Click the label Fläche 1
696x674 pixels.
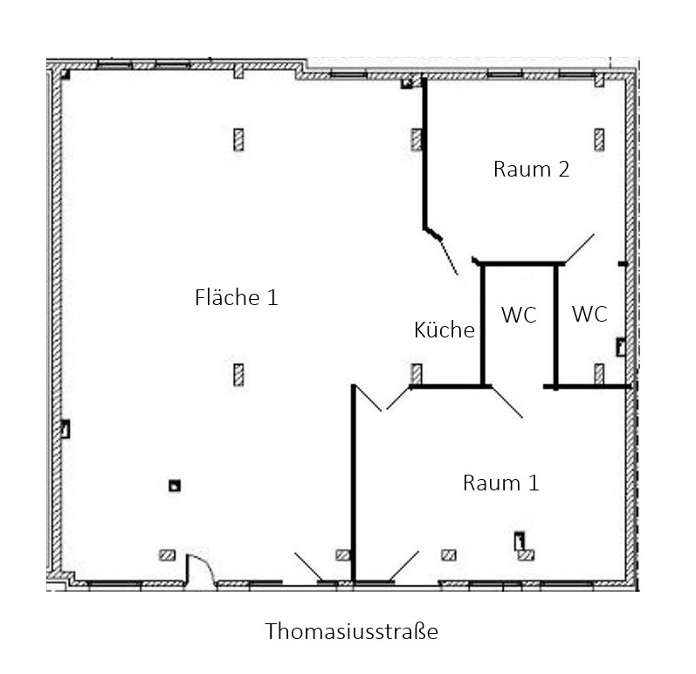click(236, 297)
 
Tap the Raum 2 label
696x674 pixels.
click(531, 170)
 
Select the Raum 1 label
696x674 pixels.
click(500, 483)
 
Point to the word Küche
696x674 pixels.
click(444, 330)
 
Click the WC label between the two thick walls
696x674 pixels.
click(519, 315)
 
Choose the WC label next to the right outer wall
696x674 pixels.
click(589, 314)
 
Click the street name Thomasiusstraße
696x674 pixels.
click(351, 631)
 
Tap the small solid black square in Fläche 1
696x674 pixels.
click(175, 486)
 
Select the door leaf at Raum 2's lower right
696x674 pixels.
click(579, 249)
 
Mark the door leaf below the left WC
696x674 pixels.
click(506, 402)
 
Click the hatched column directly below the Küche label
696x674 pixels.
click(417, 374)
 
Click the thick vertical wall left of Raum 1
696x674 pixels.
click(354, 483)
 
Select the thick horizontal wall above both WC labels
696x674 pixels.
click(520, 264)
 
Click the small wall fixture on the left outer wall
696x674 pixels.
click(65, 428)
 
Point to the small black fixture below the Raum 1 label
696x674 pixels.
click(519, 541)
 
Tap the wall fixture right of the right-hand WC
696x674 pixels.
click(621, 347)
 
